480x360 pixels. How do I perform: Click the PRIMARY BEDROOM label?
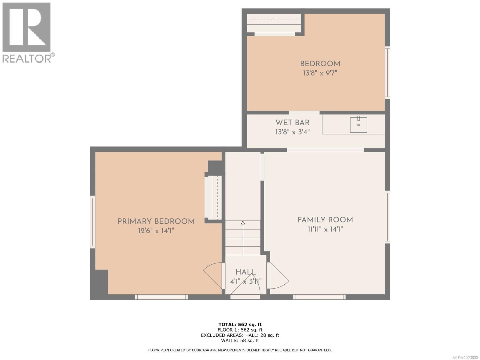tap(156, 221)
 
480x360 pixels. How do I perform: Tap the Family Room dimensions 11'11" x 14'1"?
tap(325, 229)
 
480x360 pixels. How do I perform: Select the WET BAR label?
tap(292, 122)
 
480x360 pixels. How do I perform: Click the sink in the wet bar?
tap(358, 124)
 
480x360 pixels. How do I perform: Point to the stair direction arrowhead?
tap(243, 223)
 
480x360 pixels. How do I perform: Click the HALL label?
tap(246, 272)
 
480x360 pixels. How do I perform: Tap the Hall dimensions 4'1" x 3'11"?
tap(246, 281)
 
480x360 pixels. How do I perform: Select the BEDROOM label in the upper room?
tap(320, 64)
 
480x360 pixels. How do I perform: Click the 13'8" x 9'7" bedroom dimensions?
tap(320, 73)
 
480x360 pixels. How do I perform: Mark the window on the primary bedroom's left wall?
tap(93, 222)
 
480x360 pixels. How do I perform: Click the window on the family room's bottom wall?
tap(319, 297)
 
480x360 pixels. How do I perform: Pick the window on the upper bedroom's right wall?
tap(387, 73)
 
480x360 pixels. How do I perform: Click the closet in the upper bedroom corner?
tap(274, 23)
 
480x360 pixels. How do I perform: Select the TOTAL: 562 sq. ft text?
tap(240, 324)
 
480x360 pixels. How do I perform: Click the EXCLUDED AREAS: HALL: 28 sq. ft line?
tap(240, 335)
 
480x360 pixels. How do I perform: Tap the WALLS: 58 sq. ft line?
tap(240, 340)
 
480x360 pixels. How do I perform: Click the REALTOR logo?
tap(27, 32)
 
